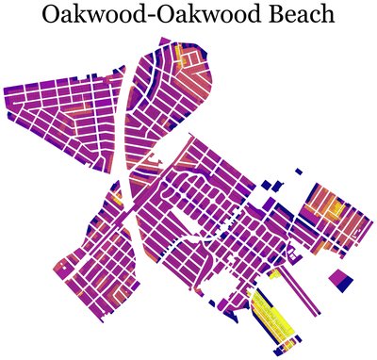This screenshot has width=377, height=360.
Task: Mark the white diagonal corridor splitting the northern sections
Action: coord(126,113)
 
